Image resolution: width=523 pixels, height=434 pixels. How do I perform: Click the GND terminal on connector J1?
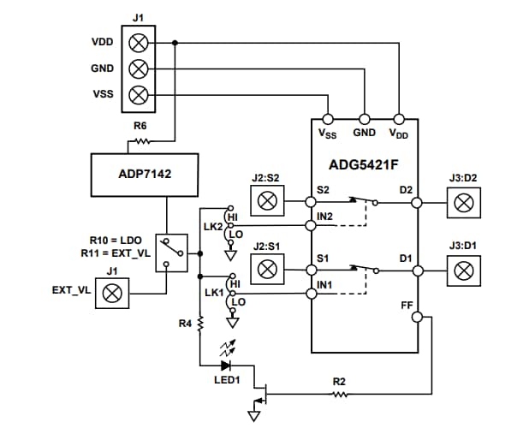coord(137,68)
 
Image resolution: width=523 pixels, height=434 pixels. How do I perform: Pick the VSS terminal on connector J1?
coord(137,94)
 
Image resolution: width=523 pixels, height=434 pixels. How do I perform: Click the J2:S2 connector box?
coord(267,202)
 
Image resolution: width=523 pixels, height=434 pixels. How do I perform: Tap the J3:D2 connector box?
coord(463,202)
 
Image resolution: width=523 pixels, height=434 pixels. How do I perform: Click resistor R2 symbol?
coord(340,395)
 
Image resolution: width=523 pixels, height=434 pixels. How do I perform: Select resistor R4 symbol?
coord(199,324)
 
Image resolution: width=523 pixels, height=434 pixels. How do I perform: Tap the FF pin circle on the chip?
coord(418,318)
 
